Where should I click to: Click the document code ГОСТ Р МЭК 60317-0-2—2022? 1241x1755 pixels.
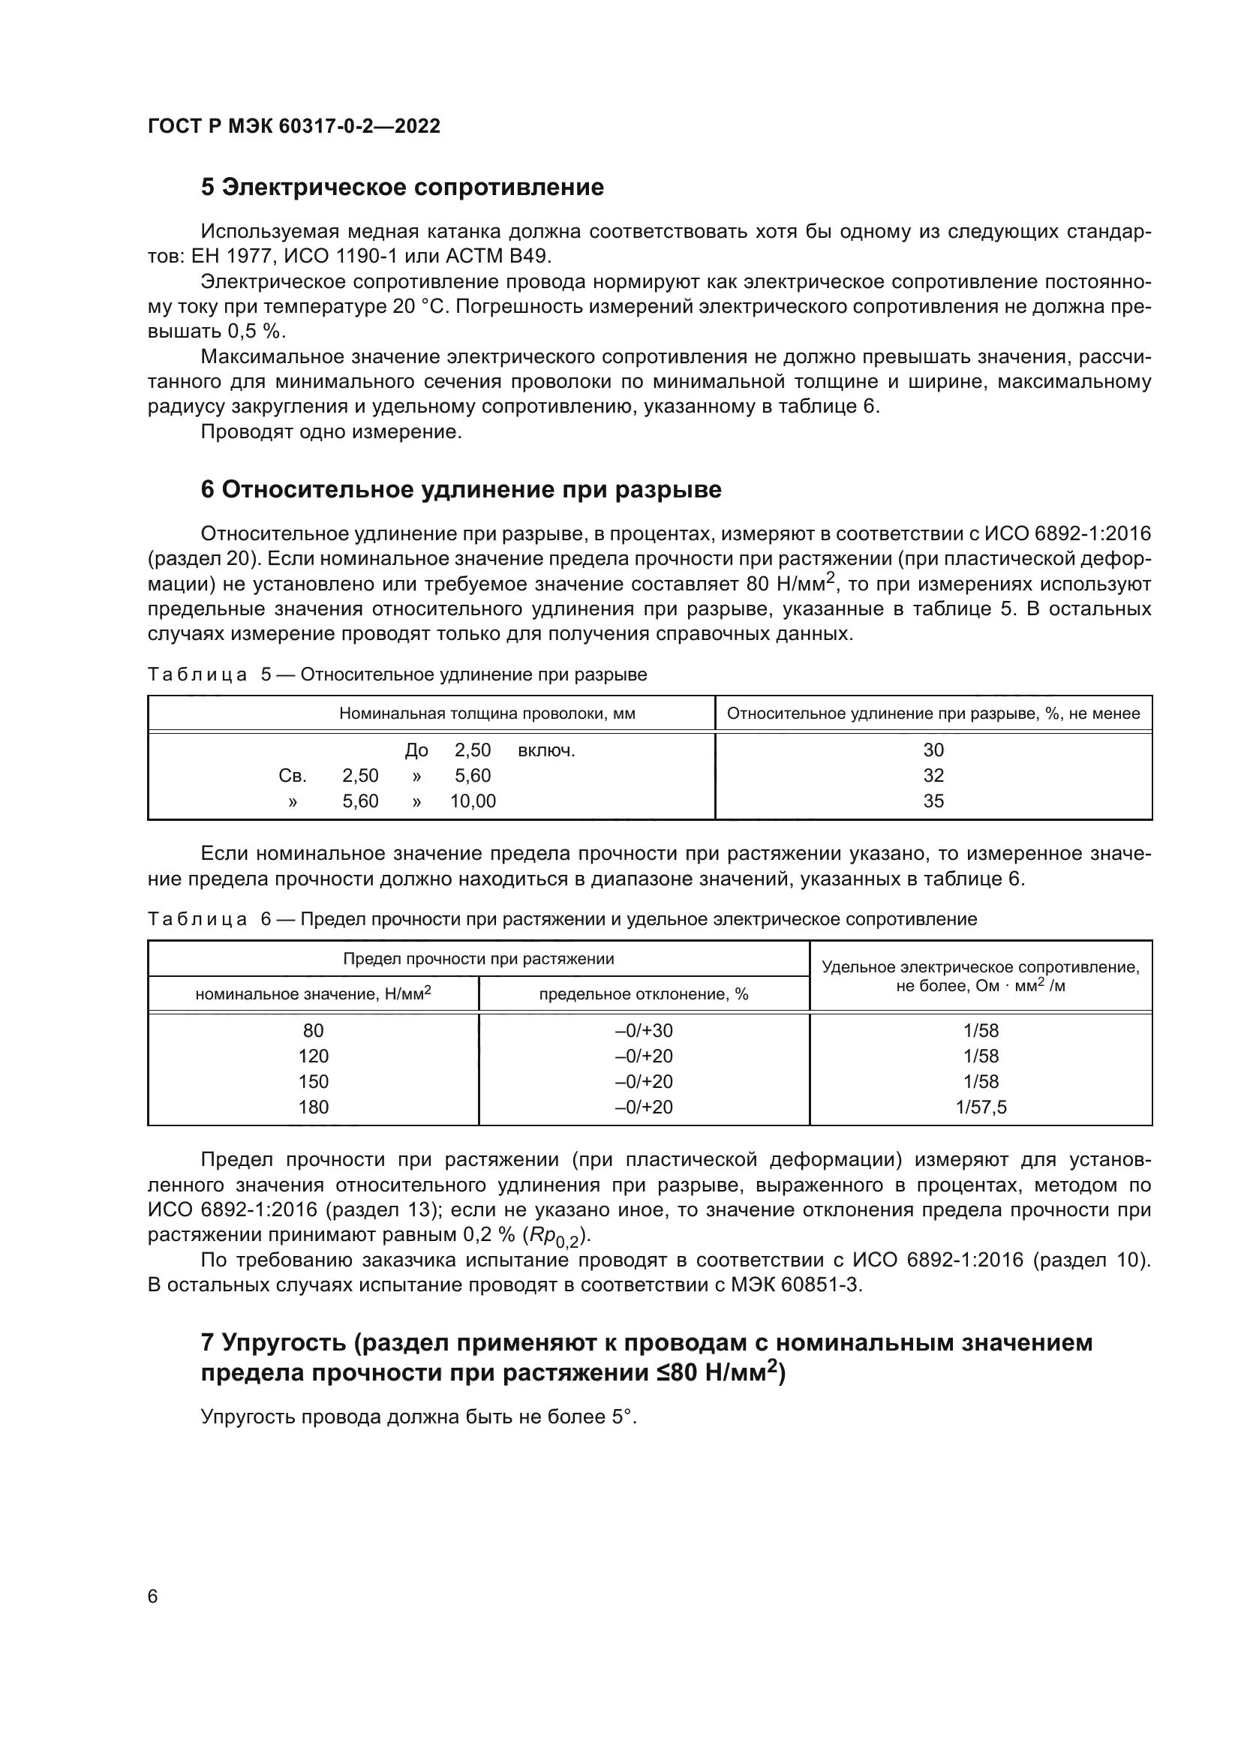(x=294, y=126)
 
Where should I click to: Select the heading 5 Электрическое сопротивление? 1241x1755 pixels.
(x=402, y=188)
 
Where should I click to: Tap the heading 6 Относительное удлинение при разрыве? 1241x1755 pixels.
(x=461, y=489)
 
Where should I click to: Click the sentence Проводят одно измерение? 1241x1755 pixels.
(x=331, y=432)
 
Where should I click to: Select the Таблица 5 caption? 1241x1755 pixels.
(x=398, y=675)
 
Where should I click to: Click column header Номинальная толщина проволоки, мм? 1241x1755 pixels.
(x=487, y=713)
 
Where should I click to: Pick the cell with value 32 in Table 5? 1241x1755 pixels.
(x=933, y=775)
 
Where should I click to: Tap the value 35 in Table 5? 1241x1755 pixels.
(x=933, y=801)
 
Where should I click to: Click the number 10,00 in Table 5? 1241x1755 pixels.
(x=472, y=801)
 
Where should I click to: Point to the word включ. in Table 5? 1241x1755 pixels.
(x=546, y=750)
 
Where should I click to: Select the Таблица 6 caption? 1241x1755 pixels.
(x=562, y=919)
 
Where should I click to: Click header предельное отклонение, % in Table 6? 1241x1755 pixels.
(x=644, y=993)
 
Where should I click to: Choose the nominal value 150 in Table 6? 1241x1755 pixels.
(x=314, y=1082)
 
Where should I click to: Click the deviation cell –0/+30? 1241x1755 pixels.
(x=644, y=1030)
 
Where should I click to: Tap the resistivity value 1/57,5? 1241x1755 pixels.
(x=981, y=1107)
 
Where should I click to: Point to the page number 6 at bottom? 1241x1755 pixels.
(x=153, y=1596)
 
